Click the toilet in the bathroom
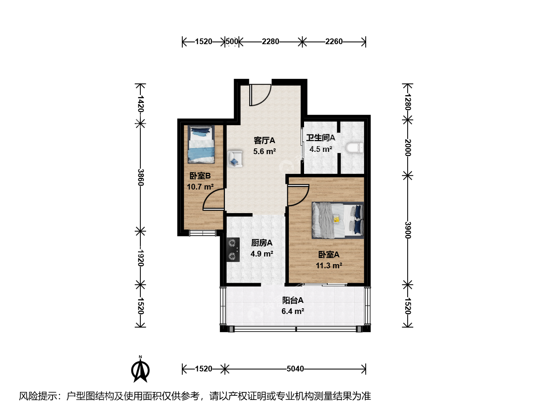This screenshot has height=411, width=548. point(355,148)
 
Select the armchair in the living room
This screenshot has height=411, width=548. point(235,159)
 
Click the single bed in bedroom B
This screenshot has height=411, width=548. point(201,144)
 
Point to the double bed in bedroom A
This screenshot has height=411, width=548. point(338,220)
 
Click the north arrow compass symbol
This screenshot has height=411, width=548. point(140,369)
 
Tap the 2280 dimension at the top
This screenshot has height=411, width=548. point(270,41)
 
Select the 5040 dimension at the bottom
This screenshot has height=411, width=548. point(295,369)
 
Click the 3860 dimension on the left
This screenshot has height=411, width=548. point(141,177)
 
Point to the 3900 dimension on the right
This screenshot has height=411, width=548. point(408,230)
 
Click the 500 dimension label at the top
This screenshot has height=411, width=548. point(232,41)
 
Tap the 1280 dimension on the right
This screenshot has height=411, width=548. point(408,102)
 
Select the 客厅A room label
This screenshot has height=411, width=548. point(264,140)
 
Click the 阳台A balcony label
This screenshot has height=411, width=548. point(293,300)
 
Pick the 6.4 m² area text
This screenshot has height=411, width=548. point(293,311)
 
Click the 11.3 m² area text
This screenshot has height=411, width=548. point(329,266)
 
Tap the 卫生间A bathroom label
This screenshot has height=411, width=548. point(320,137)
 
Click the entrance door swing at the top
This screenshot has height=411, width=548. point(260,95)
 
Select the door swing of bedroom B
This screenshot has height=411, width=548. point(213,199)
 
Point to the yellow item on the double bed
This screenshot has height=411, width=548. point(336,219)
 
